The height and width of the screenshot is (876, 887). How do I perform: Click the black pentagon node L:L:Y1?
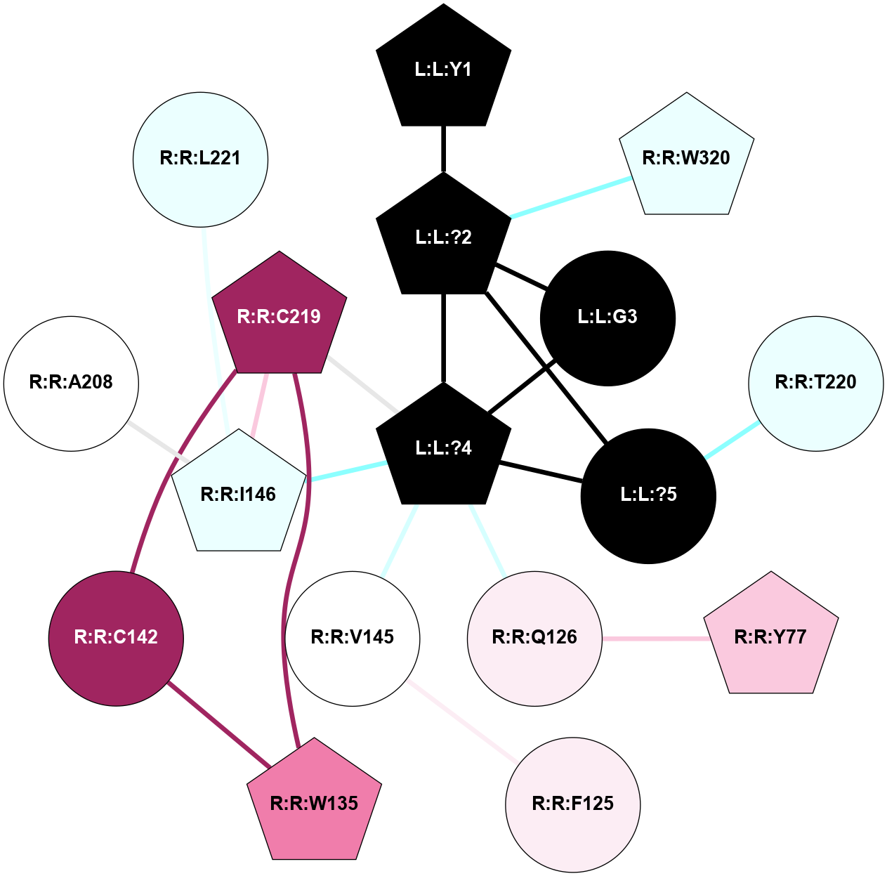click(x=443, y=70)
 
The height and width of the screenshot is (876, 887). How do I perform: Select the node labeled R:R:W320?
click(x=686, y=158)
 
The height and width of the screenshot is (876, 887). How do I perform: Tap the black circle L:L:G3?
click(x=607, y=318)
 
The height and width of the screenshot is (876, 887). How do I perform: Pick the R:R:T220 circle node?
click(x=815, y=383)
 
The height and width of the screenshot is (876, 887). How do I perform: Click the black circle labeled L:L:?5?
click(x=648, y=495)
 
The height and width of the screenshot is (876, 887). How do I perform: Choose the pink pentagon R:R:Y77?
click(x=770, y=637)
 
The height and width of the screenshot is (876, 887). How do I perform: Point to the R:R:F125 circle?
click(x=572, y=804)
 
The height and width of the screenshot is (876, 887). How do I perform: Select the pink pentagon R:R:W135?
click(x=314, y=803)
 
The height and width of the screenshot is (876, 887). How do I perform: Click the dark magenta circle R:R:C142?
click(x=116, y=638)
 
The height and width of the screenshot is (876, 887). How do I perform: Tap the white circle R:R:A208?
click(x=71, y=383)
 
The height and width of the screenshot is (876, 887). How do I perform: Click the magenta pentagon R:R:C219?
click(x=279, y=317)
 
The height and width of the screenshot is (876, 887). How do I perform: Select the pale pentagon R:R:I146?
click(x=239, y=495)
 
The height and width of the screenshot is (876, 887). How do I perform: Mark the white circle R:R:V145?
click(x=352, y=638)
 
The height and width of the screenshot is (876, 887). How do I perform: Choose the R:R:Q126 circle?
click(x=534, y=638)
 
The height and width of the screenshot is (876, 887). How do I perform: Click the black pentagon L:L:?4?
click(x=443, y=448)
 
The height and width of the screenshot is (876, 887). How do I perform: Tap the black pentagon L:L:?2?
click(x=443, y=237)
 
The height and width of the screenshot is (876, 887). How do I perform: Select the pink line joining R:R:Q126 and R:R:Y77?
click(x=654, y=639)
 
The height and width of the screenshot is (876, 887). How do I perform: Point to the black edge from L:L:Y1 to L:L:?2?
click(x=443, y=149)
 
